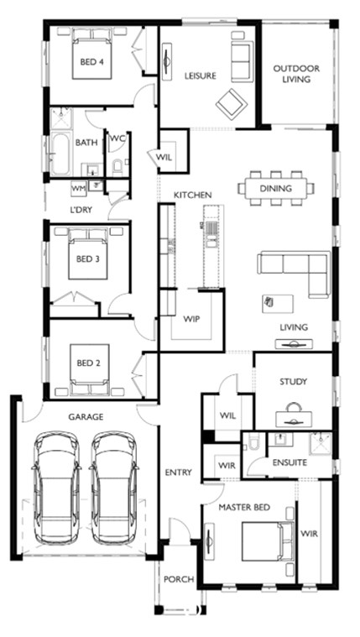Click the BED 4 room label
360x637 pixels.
pos(91,62)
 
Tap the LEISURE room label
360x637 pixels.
pos(200,76)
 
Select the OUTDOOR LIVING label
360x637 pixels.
pos(296,74)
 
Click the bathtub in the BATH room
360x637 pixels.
pos(61,154)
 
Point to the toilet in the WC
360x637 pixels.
pos(117,167)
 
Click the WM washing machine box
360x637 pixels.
pos(78,188)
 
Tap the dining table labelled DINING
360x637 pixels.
pos(276,188)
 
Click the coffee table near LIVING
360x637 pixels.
pos(278,304)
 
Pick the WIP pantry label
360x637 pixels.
pos(191,319)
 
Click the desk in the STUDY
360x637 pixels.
pos(294,419)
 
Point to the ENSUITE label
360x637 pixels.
pos(290,462)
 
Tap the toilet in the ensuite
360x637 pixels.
pos(253,442)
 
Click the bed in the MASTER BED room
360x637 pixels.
pos(269,541)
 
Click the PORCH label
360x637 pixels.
pos(179,579)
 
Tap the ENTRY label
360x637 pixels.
pos(179,473)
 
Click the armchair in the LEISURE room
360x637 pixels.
pos(232,104)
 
